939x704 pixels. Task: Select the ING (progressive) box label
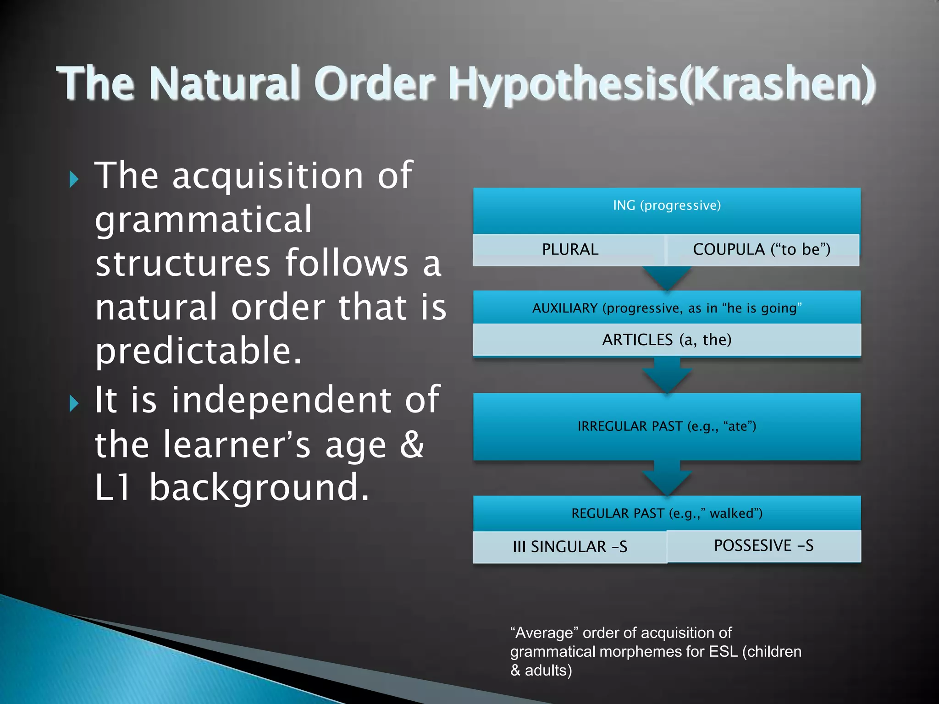coord(667,205)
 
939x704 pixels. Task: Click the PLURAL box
coord(569,249)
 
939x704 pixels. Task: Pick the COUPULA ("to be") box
coord(762,249)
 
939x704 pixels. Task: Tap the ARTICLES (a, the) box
coord(667,340)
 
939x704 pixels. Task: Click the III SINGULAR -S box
coord(569,546)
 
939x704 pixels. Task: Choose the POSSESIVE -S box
coord(763,545)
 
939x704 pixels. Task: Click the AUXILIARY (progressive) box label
coord(667,308)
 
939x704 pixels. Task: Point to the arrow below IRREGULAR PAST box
coord(667,478)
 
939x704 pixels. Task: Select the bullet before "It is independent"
coord(74,403)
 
